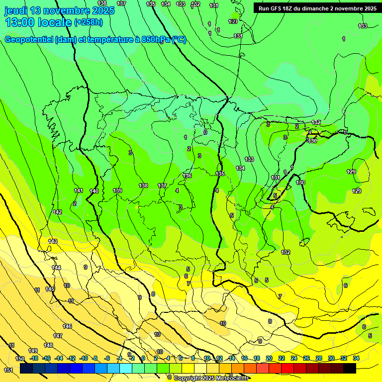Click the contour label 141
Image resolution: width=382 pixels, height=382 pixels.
pyautogui.click(x=78, y=191)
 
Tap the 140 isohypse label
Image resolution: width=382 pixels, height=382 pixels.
pyautogui.click(x=94, y=191)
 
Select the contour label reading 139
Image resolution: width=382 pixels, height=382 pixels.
pyautogui.click(x=117, y=191)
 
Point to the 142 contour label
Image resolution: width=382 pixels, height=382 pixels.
pyautogui.click(x=57, y=212)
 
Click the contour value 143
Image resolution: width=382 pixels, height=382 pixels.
pyautogui.click(x=53, y=241)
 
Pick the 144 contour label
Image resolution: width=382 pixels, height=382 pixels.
pyautogui.click(x=56, y=268)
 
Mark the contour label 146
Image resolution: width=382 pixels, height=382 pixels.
pyautogui.click(x=67, y=326)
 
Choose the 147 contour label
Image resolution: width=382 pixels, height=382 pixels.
pyautogui.click(x=58, y=336)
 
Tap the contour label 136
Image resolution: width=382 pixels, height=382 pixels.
pyautogui.click(x=187, y=176)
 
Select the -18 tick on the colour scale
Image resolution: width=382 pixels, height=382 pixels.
pyautogui.click(x=34, y=358)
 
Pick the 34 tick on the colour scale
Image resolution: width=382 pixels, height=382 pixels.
pyautogui.click(x=356, y=358)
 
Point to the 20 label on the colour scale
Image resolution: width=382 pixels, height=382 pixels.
pyautogui.click(x=269, y=358)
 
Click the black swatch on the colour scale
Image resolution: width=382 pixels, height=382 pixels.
pyautogui.click(x=349, y=368)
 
